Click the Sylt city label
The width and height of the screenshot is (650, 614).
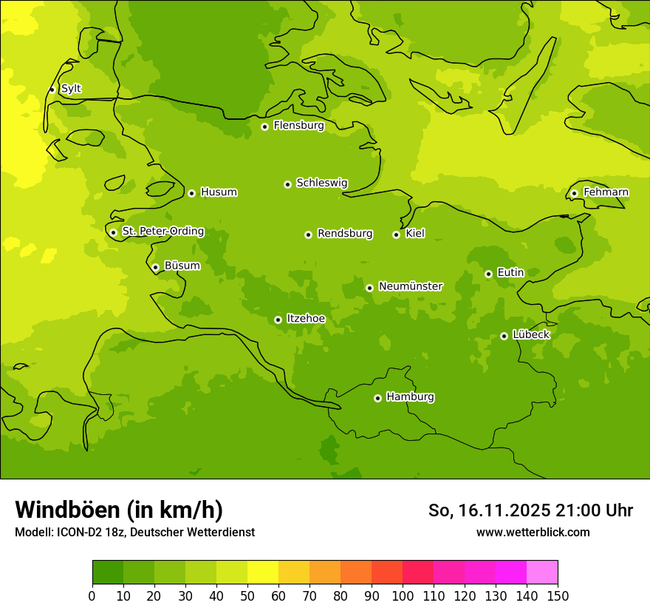click(71, 89)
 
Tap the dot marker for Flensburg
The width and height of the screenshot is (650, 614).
click(264, 126)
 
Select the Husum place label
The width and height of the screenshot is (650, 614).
click(219, 192)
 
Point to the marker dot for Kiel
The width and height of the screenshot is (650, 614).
click(396, 235)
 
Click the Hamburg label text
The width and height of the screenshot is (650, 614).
click(410, 397)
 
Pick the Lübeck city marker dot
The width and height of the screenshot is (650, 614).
click(504, 336)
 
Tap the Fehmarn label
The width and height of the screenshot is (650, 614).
click(606, 192)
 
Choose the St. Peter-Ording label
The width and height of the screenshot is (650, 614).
click(162, 232)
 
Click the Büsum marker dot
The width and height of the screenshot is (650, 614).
click(155, 267)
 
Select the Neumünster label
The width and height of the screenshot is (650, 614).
click(410, 286)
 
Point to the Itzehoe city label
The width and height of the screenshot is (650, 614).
click(306, 319)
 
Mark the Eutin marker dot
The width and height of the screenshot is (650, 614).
click(488, 274)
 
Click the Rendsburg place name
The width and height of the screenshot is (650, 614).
click(345, 234)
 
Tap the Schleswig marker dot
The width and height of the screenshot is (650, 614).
click(287, 184)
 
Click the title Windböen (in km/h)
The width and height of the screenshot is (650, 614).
click(118, 510)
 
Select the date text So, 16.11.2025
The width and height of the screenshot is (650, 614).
click(489, 510)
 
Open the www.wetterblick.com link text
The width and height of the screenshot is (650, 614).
click(533, 532)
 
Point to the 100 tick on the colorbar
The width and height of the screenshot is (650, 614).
click(403, 596)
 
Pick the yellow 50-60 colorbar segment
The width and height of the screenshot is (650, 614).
click(263, 573)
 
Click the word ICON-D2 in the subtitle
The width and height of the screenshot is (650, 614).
click(77, 532)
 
